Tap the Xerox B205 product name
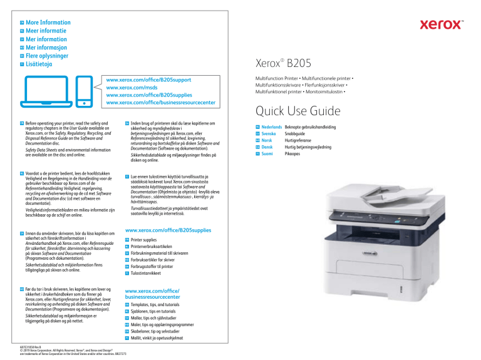pyautogui.click(x=281, y=64)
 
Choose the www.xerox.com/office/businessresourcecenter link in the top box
pyautogui.click(x=161, y=103)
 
